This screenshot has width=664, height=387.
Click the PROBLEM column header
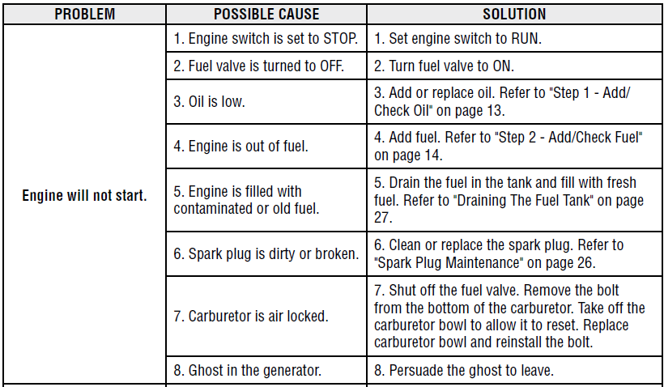(85, 14)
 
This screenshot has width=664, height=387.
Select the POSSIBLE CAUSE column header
(266, 14)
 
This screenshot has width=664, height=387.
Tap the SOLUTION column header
(514, 14)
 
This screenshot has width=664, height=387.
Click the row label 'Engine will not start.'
(84, 196)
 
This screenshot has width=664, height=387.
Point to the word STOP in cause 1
(340, 39)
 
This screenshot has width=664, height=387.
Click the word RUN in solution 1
(526, 39)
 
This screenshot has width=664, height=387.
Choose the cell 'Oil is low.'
(209, 102)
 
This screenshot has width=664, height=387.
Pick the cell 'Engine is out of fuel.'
(240, 146)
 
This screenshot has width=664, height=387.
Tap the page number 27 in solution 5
(383, 218)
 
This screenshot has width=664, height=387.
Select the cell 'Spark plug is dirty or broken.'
(266, 253)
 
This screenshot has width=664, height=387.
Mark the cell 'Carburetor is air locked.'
(251, 317)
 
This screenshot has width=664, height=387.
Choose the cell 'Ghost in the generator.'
(247, 371)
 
